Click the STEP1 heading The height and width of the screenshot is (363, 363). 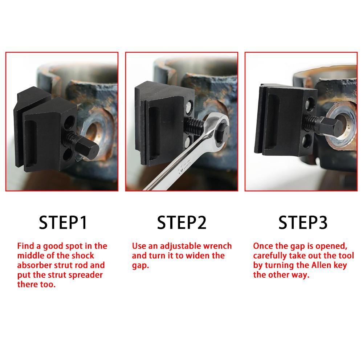coord(63,223)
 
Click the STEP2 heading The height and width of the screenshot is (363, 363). coord(181,223)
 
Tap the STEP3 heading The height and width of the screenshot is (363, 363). coord(303,223)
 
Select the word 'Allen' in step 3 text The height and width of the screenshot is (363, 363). coord(320,265)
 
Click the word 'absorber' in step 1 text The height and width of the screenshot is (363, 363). coord(33,265)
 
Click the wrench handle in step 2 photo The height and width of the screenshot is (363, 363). coord(171,171)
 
